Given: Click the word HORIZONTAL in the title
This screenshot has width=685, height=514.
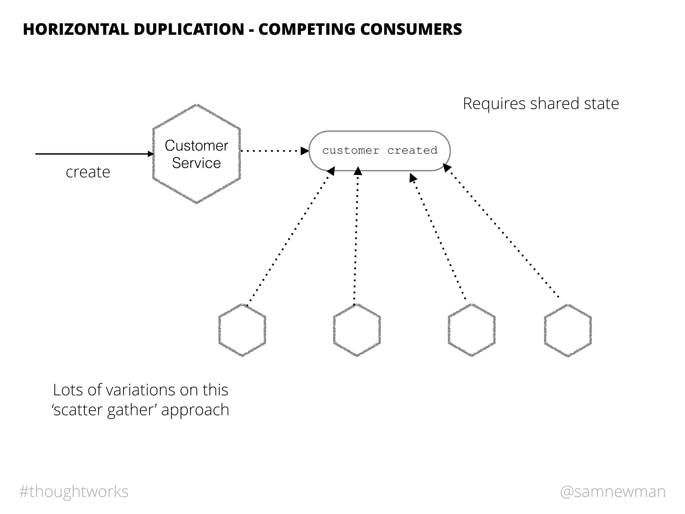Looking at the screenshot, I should [x=76, y=29].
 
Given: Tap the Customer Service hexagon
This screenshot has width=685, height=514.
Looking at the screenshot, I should [x=197, y=154].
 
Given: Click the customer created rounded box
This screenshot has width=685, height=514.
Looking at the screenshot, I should [x=380, y=151].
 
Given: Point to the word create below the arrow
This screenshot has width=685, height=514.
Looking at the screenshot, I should [x=88, y=172].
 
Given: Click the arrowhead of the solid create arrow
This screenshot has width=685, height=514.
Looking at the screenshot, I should [x=151, y=154].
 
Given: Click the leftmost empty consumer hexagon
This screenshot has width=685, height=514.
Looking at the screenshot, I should [x=242, y=330].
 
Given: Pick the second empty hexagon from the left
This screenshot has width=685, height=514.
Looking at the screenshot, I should [x=357, y=330].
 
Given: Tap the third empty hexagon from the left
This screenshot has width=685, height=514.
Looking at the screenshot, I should [x=472, y=330].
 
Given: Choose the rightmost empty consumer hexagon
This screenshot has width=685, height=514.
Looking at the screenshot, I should [x=568, y=330].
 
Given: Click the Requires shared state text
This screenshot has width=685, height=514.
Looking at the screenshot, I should [x=541, y=104].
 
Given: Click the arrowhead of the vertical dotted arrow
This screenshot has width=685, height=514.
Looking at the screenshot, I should [x=358, y=171].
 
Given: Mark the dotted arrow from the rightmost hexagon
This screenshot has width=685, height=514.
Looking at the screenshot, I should [x=502, y=231].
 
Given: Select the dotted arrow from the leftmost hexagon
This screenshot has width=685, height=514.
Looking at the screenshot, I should [x=289, y=238].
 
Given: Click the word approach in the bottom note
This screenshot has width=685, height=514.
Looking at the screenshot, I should [x=195, y=410].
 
